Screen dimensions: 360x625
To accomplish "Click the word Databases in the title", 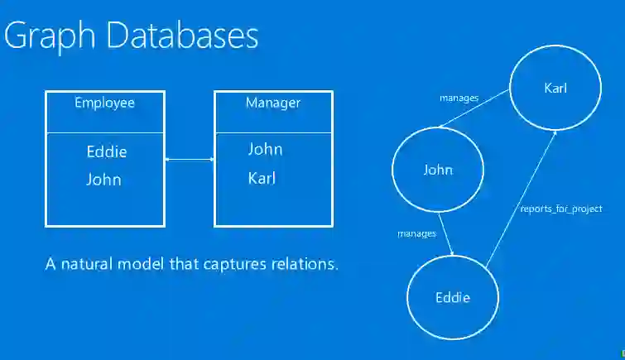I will pyautogui.click(x=180, y=36).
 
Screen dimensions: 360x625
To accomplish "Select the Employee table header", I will pyautogui.click(x=104, y=103).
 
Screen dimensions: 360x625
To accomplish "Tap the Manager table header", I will pyautogui.click(x=272, y=103).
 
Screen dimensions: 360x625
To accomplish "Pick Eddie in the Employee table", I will pyautogui.click(x=107, y=152).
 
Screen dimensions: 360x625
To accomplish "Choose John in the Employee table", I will pyautogui.click(x=103, y=180).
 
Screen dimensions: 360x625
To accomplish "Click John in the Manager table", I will pyautogui.click(x=265, y=150).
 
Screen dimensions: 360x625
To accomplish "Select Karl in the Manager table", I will pyautogui.click(x=262, y=178).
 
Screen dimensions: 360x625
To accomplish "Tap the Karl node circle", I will pyautogui.click(x=554, y=88).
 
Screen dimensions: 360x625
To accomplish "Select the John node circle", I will pyautogui.click(x=437, y=170).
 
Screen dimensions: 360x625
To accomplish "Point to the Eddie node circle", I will pyautogui.click(x=453, y=297).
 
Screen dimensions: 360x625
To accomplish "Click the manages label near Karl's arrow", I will pyautogui.click(x=459, y=98).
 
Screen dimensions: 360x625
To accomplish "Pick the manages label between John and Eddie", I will pyautogui.click(x=416, y=234).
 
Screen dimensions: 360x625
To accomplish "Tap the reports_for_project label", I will pyautogui.click(x=560, y=209).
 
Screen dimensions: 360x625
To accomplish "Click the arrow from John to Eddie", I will pyautogui.click(x=446, y=233).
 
